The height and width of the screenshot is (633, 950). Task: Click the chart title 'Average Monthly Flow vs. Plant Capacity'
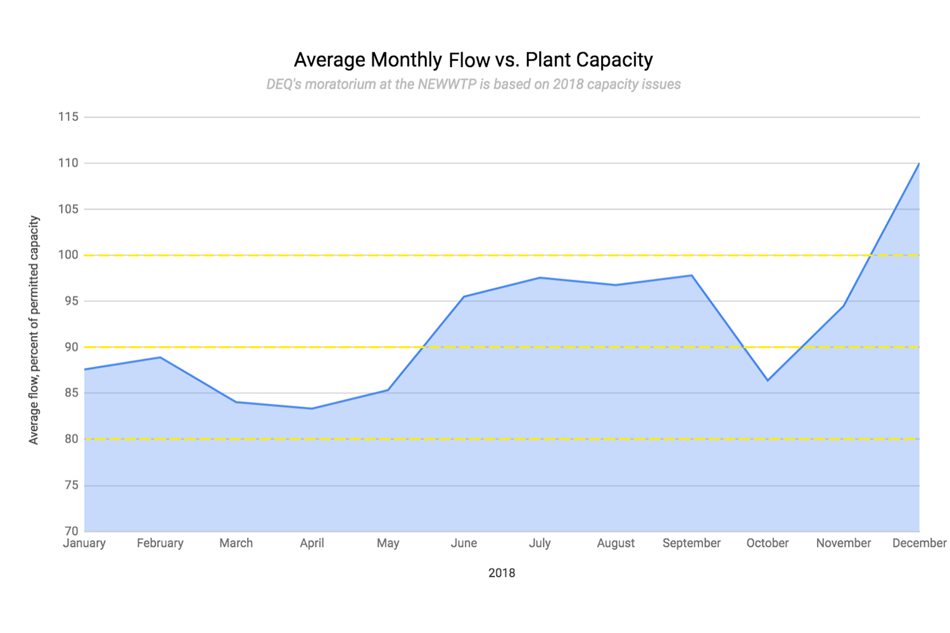[x=473, y=60]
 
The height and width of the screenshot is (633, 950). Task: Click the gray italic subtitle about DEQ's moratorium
[x=473, y=84]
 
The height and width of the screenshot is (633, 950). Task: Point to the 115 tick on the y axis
[x=68, y=117]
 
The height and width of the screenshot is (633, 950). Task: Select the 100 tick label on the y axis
[x=68, y=255]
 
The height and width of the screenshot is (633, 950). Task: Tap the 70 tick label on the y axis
[x=71, y=531]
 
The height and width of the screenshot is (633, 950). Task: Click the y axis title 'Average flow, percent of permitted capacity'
[x=34, y=330]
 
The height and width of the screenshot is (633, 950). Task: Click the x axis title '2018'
[x=502, y=573]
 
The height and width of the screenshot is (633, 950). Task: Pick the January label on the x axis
[x=84, y=543]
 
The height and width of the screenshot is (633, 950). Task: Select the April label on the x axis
[x=312, y=543]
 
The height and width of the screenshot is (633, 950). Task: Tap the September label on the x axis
[x=692, y=543]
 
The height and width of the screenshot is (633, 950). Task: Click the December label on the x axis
[x=919, y=543]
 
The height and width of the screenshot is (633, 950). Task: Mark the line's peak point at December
[x=919, y=163]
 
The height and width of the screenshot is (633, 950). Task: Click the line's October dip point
[x=768, y=380]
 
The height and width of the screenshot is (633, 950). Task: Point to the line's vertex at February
[x=160, y=357]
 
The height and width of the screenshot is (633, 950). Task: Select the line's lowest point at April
[x=312, y=408]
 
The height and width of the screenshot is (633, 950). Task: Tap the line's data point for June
[x=464, y=296]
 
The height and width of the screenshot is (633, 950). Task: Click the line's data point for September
[x=692, y=275]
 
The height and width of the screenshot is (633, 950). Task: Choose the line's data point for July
[x=540, y=277]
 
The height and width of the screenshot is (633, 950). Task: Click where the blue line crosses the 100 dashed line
[x=872, y=255]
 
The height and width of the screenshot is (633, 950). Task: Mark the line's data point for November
[x=844, y=306]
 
